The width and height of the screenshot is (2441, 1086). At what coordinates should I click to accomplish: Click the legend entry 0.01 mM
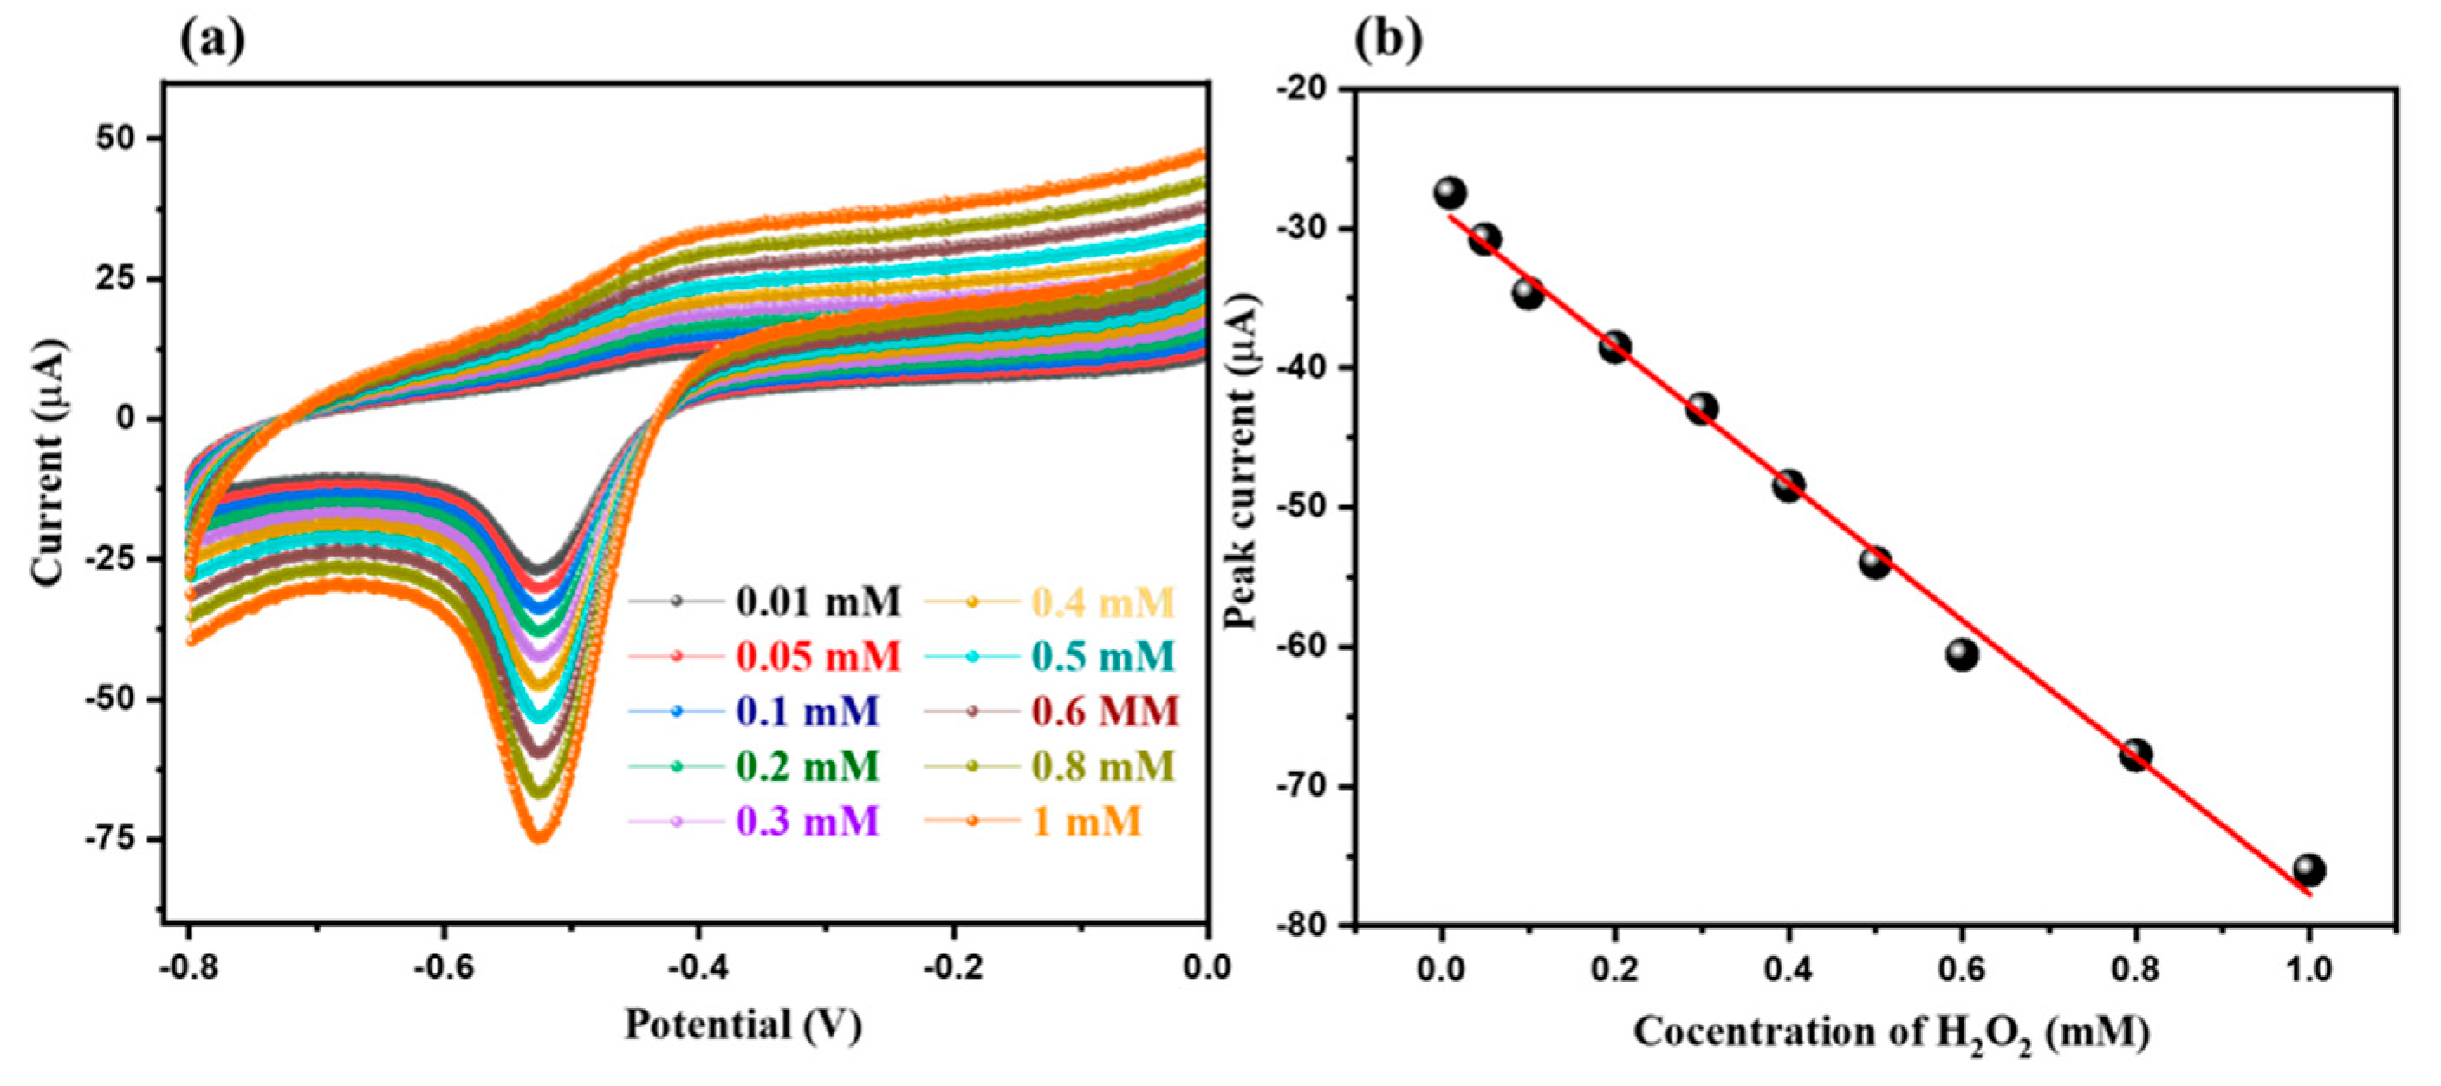coord(818,601)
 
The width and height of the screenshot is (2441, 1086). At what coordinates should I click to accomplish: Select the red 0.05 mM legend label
coord(818,656)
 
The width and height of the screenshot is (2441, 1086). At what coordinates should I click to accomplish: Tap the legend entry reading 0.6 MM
coord(1105,711)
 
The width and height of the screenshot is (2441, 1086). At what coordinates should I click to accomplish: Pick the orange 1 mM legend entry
coord(1086,821)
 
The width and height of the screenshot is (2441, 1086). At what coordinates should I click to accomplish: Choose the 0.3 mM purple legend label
coord(808,821)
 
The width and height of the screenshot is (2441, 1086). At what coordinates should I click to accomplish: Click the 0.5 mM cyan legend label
coord(1103,656)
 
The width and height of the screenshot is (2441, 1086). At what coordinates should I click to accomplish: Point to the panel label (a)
coord(211,40)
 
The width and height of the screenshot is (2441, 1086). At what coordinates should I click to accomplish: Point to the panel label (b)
coord(1388,40)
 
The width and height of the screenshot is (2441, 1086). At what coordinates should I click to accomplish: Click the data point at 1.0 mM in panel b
coord(2308,870)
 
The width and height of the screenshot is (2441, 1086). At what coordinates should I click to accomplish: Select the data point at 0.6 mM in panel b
coord(1962,654)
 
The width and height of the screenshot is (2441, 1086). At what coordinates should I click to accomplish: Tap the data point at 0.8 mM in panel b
coord(2135,755)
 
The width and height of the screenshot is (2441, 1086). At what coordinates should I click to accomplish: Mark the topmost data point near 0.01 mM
coord(1450,192)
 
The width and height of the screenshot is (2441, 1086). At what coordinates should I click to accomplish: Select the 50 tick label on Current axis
coord(115,139)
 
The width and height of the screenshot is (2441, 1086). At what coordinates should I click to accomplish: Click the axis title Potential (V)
coord(743,1025)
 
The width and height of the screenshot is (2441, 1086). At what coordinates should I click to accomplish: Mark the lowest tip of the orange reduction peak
coord(537,838)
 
